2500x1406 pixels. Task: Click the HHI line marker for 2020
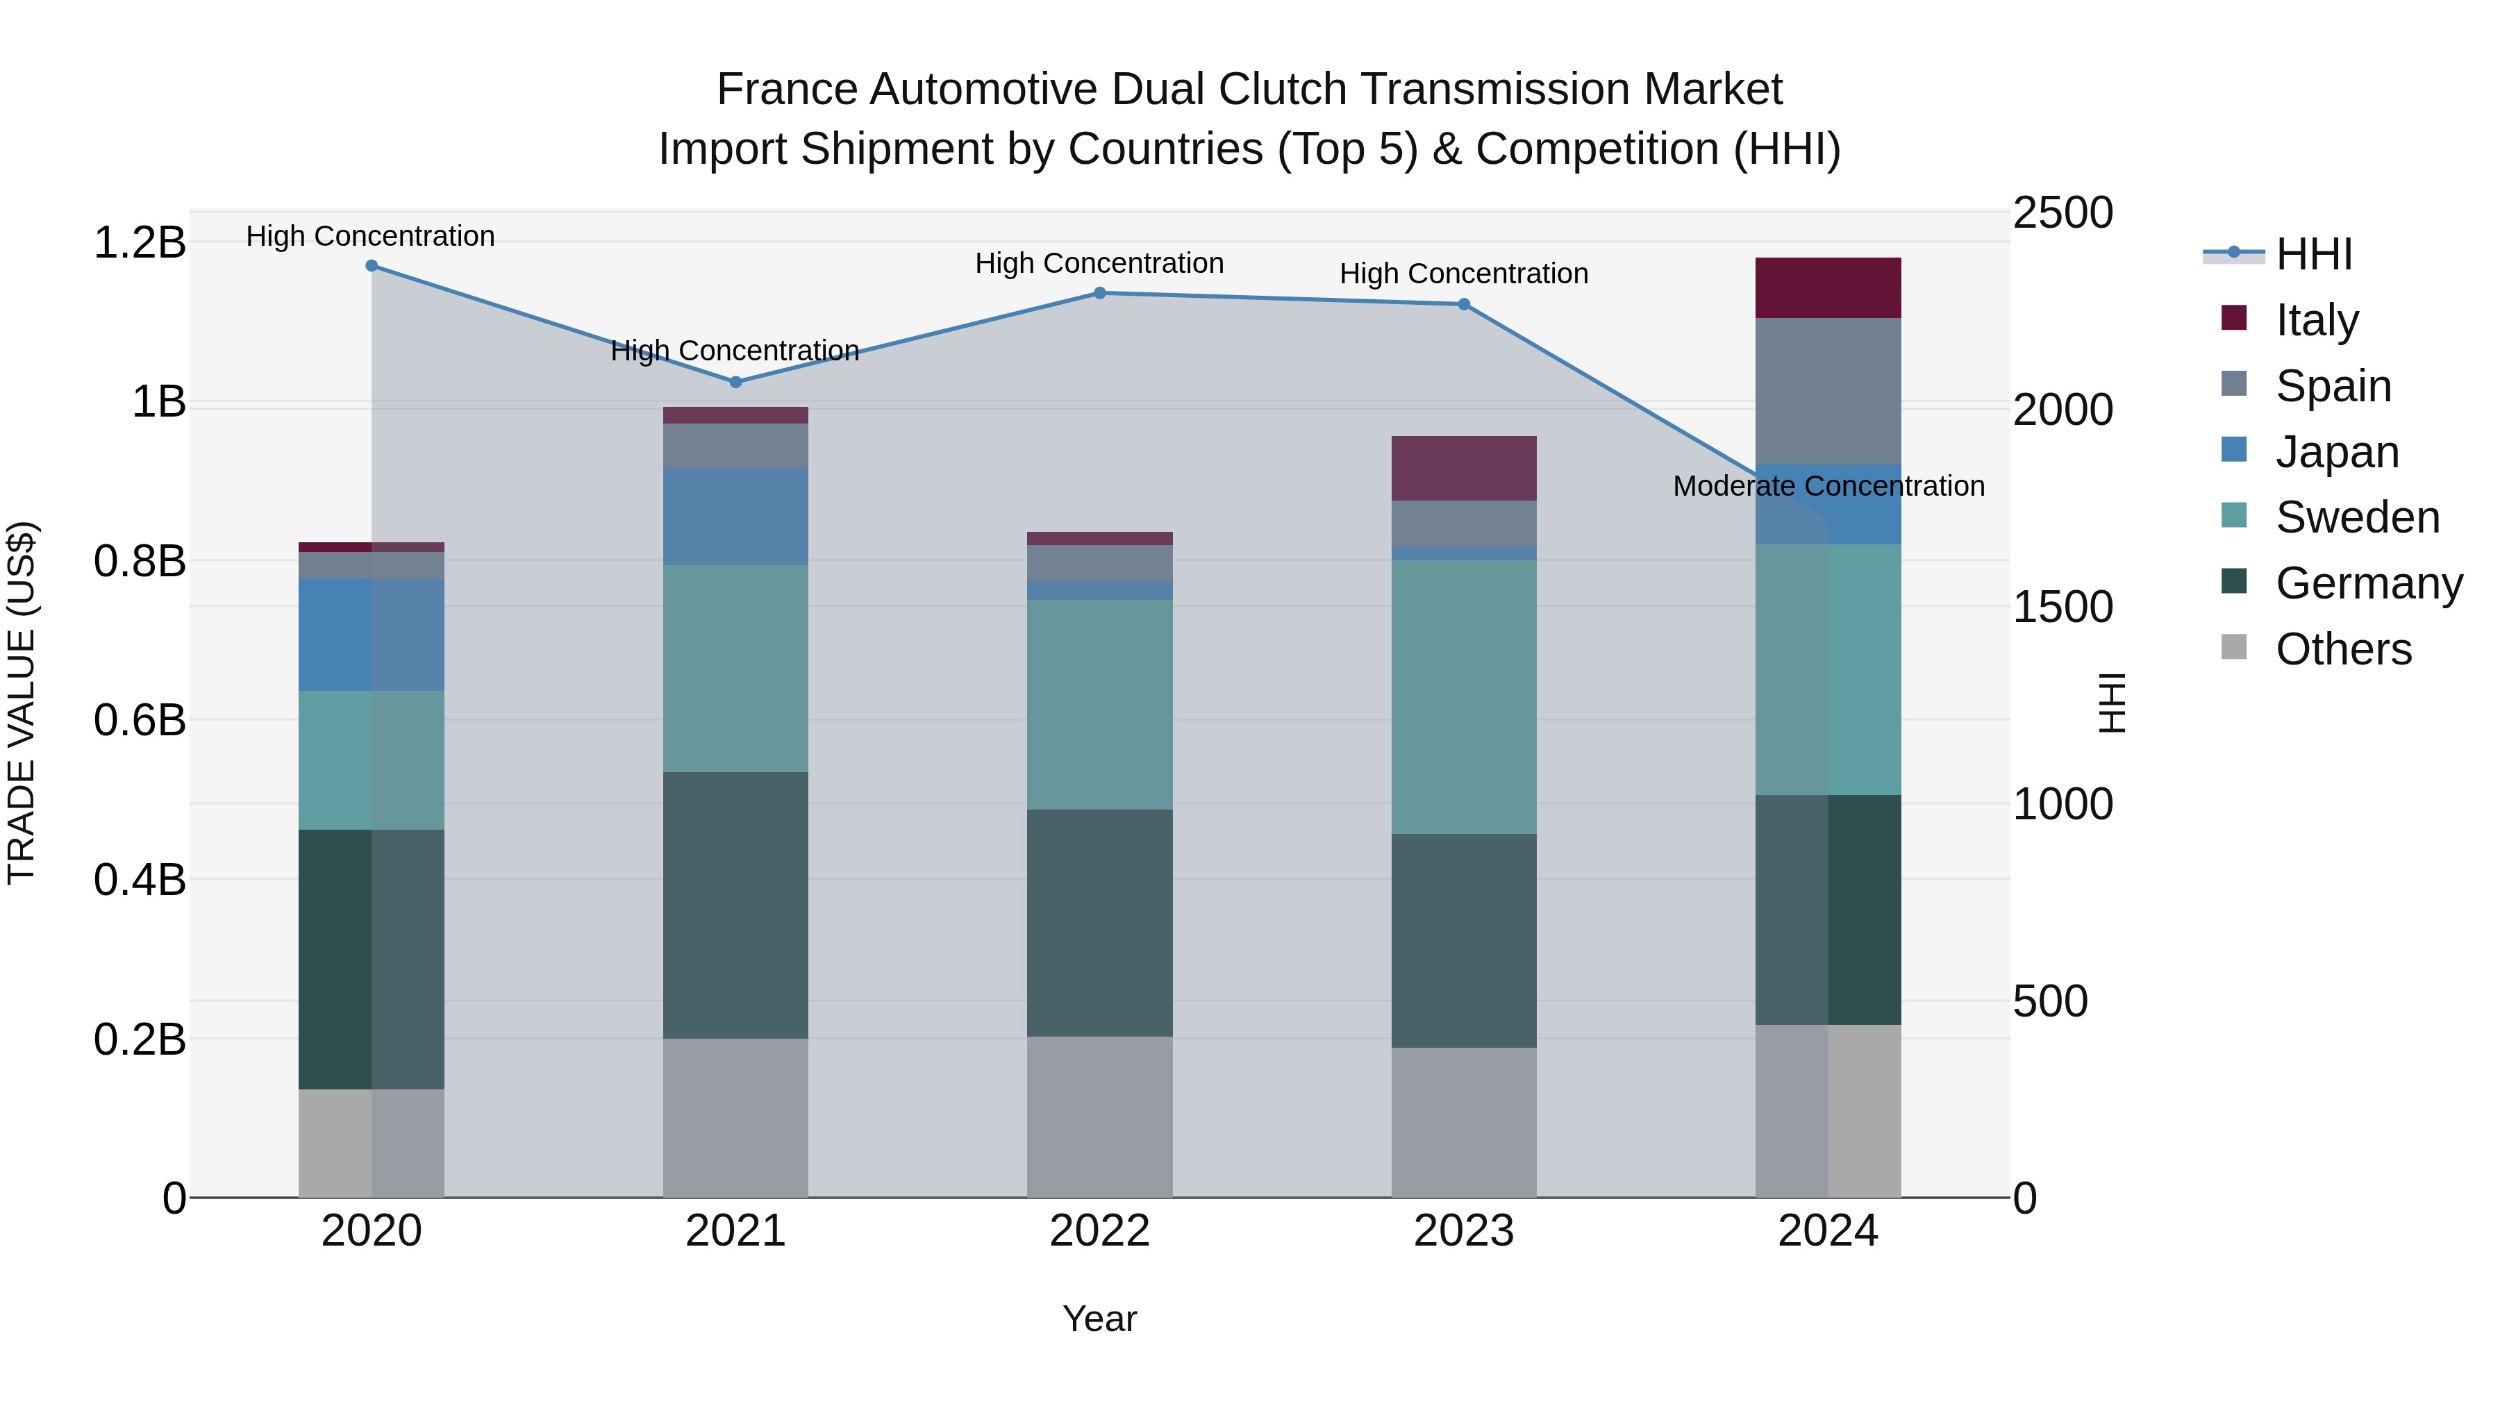coord(372,266)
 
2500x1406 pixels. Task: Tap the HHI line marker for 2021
coord(735,383)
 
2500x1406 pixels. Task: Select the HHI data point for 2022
coord(1099,293)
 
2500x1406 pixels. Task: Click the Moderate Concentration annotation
coord(1828,486)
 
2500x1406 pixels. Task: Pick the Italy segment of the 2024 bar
coord(1828,288)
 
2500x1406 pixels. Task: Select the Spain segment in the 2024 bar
coord(1828,391)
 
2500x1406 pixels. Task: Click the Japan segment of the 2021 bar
coord(735,517)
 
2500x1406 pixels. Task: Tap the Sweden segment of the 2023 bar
coord(1465,696)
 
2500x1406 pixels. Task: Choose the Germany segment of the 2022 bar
coord(1099,923)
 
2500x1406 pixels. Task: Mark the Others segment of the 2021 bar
coord(735,1118)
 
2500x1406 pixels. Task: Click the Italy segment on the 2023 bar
coord(1465,469)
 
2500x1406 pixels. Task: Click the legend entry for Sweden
coord(2358,517)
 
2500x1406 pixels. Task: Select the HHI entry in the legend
coord(2314,254)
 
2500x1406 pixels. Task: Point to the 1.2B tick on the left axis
coord(139,242)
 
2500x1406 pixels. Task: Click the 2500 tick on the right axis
coord(2062,213)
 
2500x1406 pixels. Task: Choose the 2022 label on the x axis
coord(1099,1231)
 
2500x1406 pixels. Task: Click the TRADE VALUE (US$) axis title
coord(22,703)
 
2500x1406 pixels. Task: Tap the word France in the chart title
coord(787,90)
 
